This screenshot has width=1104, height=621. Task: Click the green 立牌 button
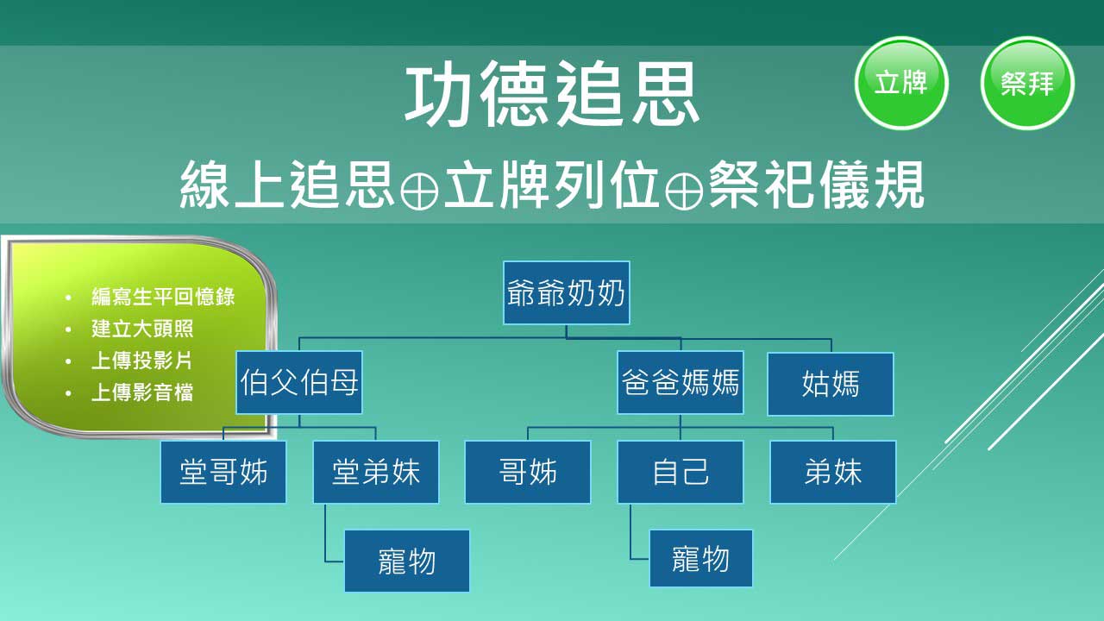(901, 83)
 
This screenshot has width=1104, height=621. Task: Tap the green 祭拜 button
(1027, 83)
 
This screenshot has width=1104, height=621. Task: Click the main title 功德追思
(552, 94)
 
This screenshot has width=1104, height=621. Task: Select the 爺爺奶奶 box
(567, 292)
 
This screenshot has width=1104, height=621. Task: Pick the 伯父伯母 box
(299, 382)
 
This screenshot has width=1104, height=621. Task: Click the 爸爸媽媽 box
(681, 382)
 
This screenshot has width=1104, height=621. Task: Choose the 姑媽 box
(831, 384)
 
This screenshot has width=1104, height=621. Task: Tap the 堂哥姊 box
(223, 472)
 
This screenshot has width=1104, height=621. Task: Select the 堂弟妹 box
(376, 472)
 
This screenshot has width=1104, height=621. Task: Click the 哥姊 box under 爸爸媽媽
(528, 472)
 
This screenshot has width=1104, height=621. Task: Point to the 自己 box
(681, 472)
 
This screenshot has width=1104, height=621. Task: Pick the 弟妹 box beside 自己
(833, 472)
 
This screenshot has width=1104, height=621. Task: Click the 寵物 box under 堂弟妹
(407, 561)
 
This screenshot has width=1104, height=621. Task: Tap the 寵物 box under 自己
(701, 558)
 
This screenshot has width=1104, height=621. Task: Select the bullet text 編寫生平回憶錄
(163, 297)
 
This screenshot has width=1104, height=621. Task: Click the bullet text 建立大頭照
(142, 329)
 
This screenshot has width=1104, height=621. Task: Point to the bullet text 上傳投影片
(142, 361)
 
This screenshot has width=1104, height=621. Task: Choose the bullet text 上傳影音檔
(142, 392)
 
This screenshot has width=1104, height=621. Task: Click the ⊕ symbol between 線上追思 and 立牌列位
(419, 191)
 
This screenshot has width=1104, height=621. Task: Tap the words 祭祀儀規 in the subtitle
(816, 185)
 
